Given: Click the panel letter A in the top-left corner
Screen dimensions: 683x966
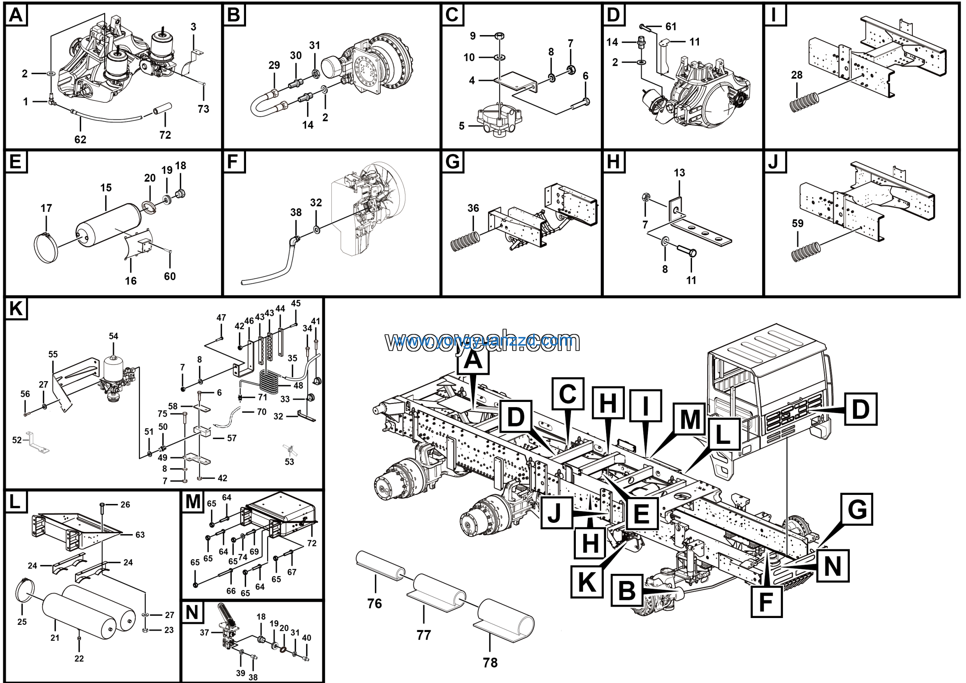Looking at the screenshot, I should pyautogui.click(x=16, y=15).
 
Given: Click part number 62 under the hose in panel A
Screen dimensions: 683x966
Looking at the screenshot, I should pyautogui.click(x=80, y=139).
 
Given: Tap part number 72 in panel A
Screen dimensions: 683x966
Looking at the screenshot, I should pyautogui.click(x=165, y=135).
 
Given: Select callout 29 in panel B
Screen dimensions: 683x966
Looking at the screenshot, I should pyautogui.click(x=274, y=65).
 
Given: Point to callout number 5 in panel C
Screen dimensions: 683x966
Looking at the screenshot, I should pyautogui.click(x=461, y=126).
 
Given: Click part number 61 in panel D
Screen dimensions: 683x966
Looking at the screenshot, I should pyautogui.click(x=671, y=26).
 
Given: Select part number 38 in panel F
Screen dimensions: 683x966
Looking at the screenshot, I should pyautogui.click(x=296, y=212).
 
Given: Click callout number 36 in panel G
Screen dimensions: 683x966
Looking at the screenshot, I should pyautogui.click(x=473, y=208).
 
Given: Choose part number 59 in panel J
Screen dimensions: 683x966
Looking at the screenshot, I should pyautogui.click(x=797, y=223).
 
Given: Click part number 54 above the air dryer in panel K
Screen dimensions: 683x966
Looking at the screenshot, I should pyautogui.click(x=114, y=336).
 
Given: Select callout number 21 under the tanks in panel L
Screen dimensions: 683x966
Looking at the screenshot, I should pyautogui.click(x=55, y=638).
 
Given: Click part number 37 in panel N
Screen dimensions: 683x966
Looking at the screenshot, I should pyautogui.click(x=205, y=632).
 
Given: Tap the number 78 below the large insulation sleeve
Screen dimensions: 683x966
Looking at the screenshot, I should pyautogui.click(x=490, y=663).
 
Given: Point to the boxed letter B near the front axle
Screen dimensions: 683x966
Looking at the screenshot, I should pyautogui.click(x=627, y=591).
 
